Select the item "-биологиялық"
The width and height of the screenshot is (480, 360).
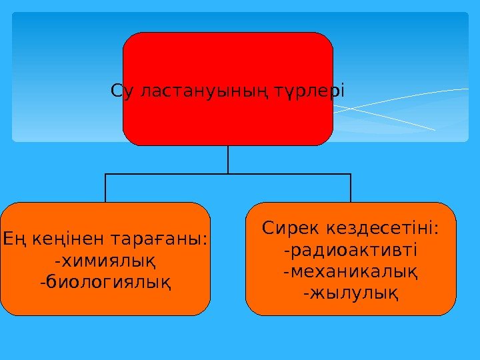click(105, 283)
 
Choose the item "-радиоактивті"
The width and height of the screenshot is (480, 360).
click(351, 251)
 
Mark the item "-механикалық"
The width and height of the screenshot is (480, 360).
click(351, 273)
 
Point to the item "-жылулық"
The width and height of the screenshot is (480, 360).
click(351, 293)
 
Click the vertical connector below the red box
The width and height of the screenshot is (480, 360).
click(228, 159)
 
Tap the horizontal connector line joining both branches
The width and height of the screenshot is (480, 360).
click(167, 174)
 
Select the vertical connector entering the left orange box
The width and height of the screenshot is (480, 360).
click(105, 189)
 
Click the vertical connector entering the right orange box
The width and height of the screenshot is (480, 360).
click(351, 189)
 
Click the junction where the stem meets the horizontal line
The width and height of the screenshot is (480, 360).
click(228, 174)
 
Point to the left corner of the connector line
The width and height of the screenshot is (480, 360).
click(105, 174)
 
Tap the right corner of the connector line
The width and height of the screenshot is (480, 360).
click(351, 174)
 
